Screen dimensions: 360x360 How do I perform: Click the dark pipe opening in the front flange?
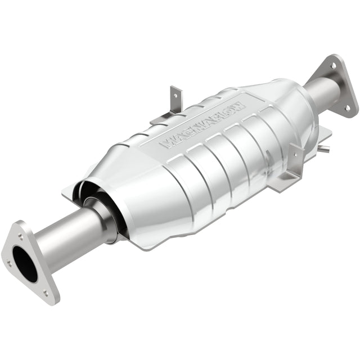[25, 263]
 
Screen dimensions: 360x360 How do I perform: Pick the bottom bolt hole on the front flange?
[46, 292]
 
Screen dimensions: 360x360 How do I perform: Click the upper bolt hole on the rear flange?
[333, 65]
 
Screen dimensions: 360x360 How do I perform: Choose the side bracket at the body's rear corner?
[292, 169]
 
